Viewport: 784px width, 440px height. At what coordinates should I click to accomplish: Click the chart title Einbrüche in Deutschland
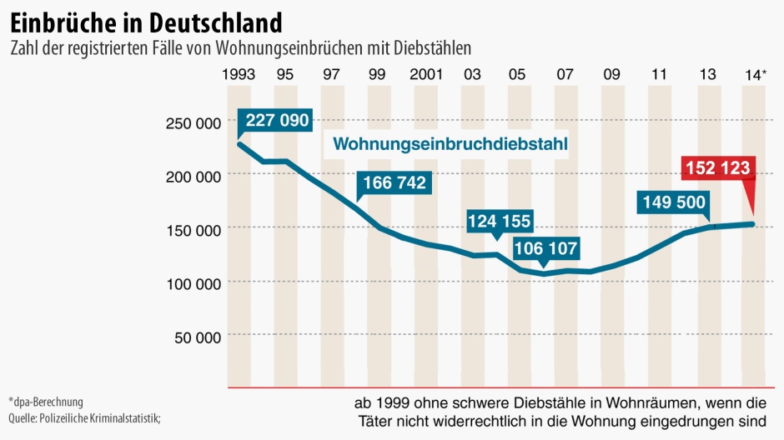pos(146,19)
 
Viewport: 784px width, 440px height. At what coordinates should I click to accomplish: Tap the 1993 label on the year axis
pos(239,73)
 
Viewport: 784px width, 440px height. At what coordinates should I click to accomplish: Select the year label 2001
pos(425,73)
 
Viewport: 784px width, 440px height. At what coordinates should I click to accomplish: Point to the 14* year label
pos(754,74)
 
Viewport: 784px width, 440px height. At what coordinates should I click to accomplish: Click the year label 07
pos(565,73)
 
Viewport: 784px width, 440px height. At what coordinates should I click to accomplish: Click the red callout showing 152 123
pos(719,169)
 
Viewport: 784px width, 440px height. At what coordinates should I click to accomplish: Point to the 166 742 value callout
pos(395,183)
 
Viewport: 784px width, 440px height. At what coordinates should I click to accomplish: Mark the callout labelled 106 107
pos(545,249)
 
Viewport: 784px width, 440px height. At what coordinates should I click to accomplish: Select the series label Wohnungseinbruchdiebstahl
pos(450,144)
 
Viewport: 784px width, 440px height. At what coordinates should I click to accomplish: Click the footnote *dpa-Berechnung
pos(47,402)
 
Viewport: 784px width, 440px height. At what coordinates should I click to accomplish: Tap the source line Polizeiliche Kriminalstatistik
pos(83,417)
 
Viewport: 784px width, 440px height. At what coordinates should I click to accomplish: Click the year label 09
pos(611,73)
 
